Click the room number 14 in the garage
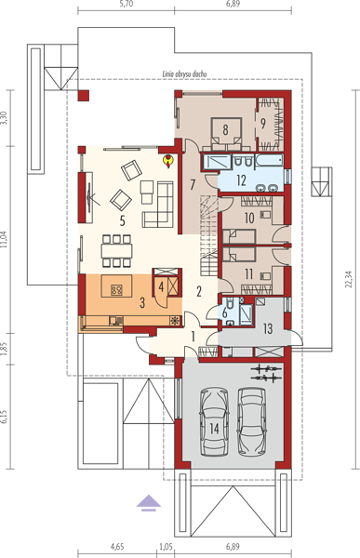[x=214, y=429]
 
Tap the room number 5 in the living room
[x=123, y=221]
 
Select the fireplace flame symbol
[x=167, y=161]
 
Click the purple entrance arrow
[x=149, y=503]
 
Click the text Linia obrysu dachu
[x=184, y=74]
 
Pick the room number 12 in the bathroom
[x=241, y=180]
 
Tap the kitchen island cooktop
[x=116, y=290]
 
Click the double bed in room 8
[x=225, y=133]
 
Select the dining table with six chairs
[x=116, y=250]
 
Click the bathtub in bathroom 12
[x=269, y=160]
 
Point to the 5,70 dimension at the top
[x=127, y=4]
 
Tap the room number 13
[x=268, y=328]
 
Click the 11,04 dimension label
[x=4, y=244]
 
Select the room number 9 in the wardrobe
[x=262, y=124]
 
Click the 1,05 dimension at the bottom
[x=166, y=546]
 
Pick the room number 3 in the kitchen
[x=142, y=303]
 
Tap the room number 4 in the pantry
[x=161, y=286]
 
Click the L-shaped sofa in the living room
[x=157, y=204]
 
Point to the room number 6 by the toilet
[x=224, y=313]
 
